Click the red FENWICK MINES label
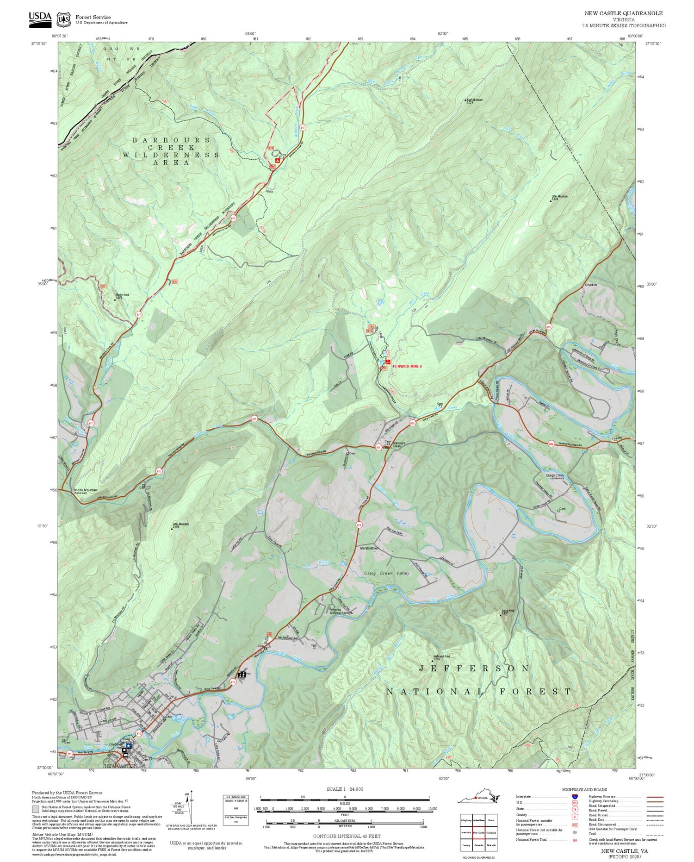coord(407,366)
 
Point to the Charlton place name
coord(591,285)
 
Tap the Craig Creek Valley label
coord(387,573)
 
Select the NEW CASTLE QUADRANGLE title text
coord(623,13)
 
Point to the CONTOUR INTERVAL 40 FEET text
coord(347,836)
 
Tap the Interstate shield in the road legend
coord(575,796)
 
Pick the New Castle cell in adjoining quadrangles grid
coord(479,832)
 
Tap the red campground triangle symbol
coord(277,160)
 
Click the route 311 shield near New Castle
coord(69,754)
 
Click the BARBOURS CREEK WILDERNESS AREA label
coord(171,151)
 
